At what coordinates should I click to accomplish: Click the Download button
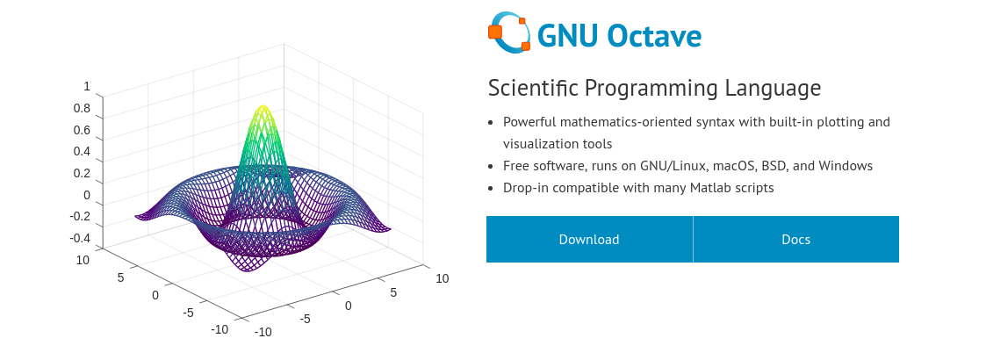click(x=589, y=240)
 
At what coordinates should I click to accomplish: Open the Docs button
click(x=795, y=240)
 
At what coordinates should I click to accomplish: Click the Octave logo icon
click(x=509, y=32)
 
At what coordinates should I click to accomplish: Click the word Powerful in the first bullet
click(x=529, y=122)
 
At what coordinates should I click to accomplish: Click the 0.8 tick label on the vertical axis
click(x=82, y=109)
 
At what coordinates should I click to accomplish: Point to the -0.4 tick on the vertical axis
click(x=80, y=238)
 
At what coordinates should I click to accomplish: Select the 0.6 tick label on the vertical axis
click(x=82, y=130)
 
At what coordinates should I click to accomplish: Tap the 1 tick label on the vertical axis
click(x=87, y=87)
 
